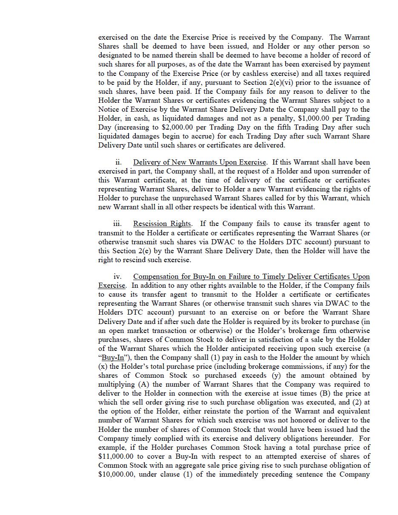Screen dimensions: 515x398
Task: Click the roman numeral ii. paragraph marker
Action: click(118, 162)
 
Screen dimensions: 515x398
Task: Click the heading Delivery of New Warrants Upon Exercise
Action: click(200, 162)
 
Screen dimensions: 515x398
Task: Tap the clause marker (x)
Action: click(103, 367)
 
